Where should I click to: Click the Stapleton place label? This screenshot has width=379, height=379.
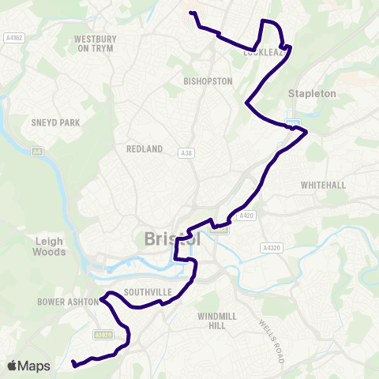pos(312,93)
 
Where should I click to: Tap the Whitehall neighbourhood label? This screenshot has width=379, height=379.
pos(323,184)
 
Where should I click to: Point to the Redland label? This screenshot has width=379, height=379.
pos(144,148)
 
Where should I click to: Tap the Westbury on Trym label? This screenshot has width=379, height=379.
pos(95,43)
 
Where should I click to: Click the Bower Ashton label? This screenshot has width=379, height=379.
pos(66,301)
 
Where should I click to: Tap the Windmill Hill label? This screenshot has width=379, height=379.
pos(216,321)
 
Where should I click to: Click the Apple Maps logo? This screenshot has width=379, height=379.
pos(28,366)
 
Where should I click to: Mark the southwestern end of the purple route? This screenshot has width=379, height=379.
pos(73,364)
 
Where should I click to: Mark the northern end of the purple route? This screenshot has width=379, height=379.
pos(190,13)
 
